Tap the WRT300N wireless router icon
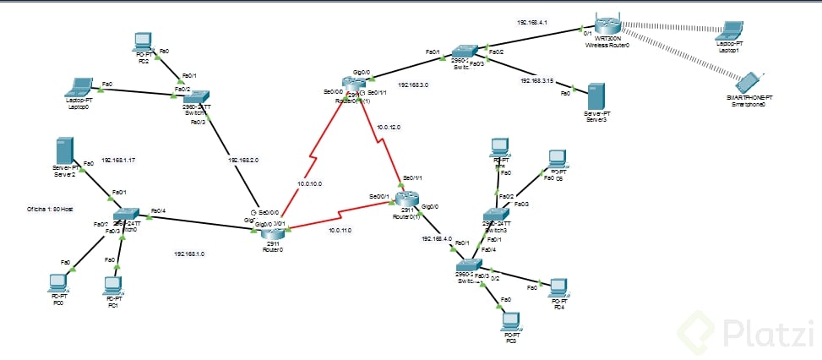click(x=607, y=29)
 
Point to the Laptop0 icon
click(x=80, y=86)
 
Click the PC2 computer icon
click(x=143, y=41)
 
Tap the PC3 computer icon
click(x=509, y=320)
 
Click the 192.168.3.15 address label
click(x=537, y=80)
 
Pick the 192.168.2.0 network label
click(x=243, y=158)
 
